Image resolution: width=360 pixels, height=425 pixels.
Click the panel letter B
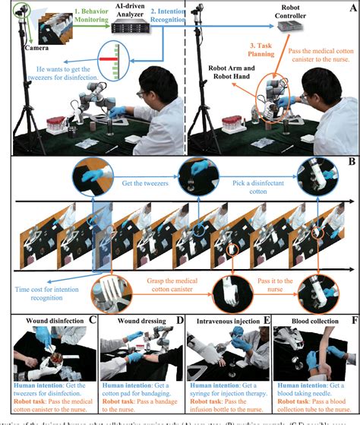pyautogui.click(x=352, y=161)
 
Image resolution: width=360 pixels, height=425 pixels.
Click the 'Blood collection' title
pyautogui.click(x=310, y=321)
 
